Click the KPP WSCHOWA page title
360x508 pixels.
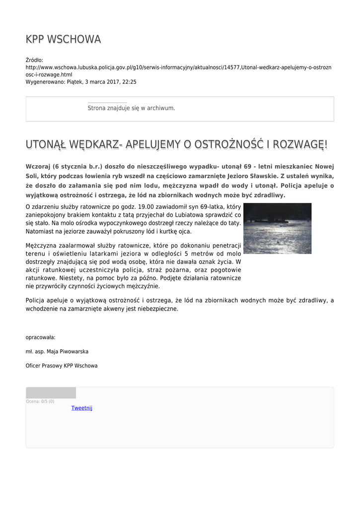click(x=63, y=39)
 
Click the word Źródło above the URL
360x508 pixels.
click(x=34, y=61)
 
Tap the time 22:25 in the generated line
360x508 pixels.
click(x=130, y=82)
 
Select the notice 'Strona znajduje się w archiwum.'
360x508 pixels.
click(x=131, y=108)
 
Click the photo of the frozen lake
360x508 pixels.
click(x=277, y=228)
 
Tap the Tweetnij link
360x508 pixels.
click(x=82, y=408)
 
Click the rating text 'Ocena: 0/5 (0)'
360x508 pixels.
click(x=40, y=401)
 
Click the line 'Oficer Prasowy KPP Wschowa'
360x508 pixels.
click(x=62, y=366)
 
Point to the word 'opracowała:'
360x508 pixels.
click(x=41, y=337)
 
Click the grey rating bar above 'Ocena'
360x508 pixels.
click(x=51, y=393)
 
